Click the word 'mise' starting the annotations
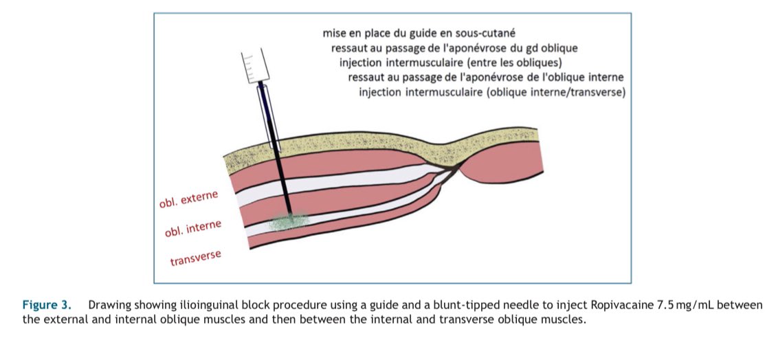point(335,32)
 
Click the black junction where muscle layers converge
point(452,166)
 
